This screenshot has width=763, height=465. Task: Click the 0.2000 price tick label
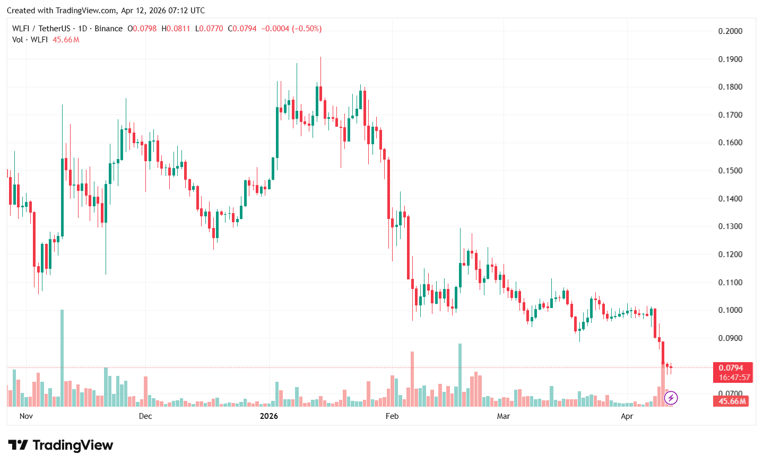tap(730, 31)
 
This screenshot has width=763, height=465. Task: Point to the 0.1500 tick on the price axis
tap(730, 171)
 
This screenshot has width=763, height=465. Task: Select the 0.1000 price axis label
tap(730, 310)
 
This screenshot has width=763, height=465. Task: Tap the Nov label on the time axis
tap(26, 416)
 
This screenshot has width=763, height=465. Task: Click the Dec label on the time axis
tap(145, 416)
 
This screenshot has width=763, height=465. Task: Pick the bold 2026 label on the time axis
tap(269, 416)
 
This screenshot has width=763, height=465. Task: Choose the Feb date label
tap(392, 416)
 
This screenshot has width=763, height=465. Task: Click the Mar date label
tap(504, 416)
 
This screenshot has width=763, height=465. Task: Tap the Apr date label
tap(627, 416)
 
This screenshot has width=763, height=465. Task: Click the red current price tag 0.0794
tap(731, 368)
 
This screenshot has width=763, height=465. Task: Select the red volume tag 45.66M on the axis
tap(732, 401)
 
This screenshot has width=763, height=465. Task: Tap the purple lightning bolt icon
tap(671, 398)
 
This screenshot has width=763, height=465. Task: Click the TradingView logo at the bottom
tap(61, 445)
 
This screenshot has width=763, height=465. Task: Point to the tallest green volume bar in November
tap(62, 358)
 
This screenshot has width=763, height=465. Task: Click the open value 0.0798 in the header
tap(144, 29)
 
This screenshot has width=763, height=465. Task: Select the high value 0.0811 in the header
tap(178, 29)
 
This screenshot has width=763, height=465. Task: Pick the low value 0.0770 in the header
tap(212, 29)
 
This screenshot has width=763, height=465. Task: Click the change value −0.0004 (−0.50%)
tap(292, 29)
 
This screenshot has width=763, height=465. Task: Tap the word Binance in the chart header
tap(109, 29)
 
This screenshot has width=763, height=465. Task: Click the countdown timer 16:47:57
tap(734, 378)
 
